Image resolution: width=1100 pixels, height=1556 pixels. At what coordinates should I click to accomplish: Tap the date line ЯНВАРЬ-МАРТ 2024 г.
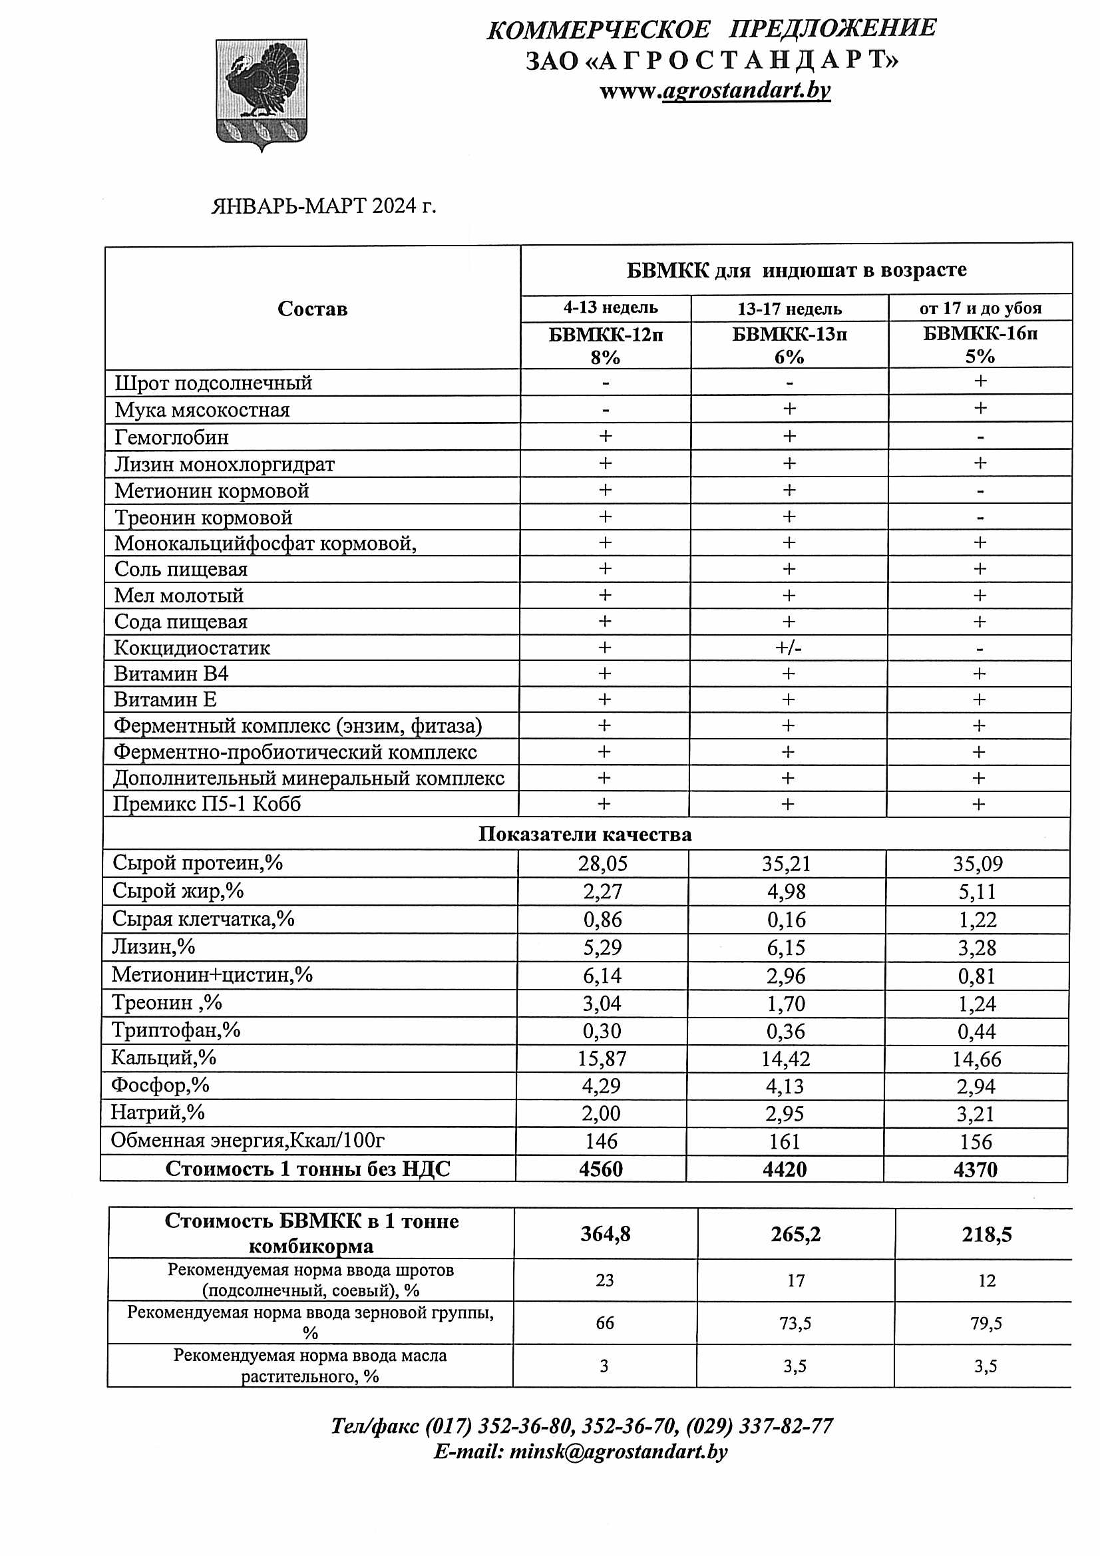323,206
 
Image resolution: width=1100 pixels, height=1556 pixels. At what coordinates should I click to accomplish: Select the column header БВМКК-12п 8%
606,345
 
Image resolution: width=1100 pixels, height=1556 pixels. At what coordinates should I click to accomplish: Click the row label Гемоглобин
172,437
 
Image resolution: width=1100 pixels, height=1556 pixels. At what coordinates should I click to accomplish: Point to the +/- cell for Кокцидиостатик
788,648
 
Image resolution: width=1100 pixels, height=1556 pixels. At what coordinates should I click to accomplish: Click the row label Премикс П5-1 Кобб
207,805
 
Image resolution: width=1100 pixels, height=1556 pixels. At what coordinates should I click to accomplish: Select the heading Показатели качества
585,835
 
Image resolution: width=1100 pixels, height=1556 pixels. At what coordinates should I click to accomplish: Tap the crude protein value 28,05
602,863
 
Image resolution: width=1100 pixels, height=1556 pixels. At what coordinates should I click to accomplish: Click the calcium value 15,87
602,1059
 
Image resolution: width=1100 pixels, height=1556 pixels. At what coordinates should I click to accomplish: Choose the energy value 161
785,1142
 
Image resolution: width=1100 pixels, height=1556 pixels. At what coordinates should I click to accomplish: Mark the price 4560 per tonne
600,1169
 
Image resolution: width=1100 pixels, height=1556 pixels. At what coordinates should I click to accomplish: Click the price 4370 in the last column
976,1170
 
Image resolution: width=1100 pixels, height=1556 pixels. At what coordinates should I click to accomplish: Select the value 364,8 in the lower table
606,1234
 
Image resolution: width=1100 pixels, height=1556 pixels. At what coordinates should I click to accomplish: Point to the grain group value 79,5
986,1324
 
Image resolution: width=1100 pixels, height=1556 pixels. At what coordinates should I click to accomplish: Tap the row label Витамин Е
166,699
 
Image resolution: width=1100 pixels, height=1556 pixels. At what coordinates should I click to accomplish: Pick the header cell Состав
313,309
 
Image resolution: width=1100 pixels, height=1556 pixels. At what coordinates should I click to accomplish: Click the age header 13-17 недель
790,309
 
